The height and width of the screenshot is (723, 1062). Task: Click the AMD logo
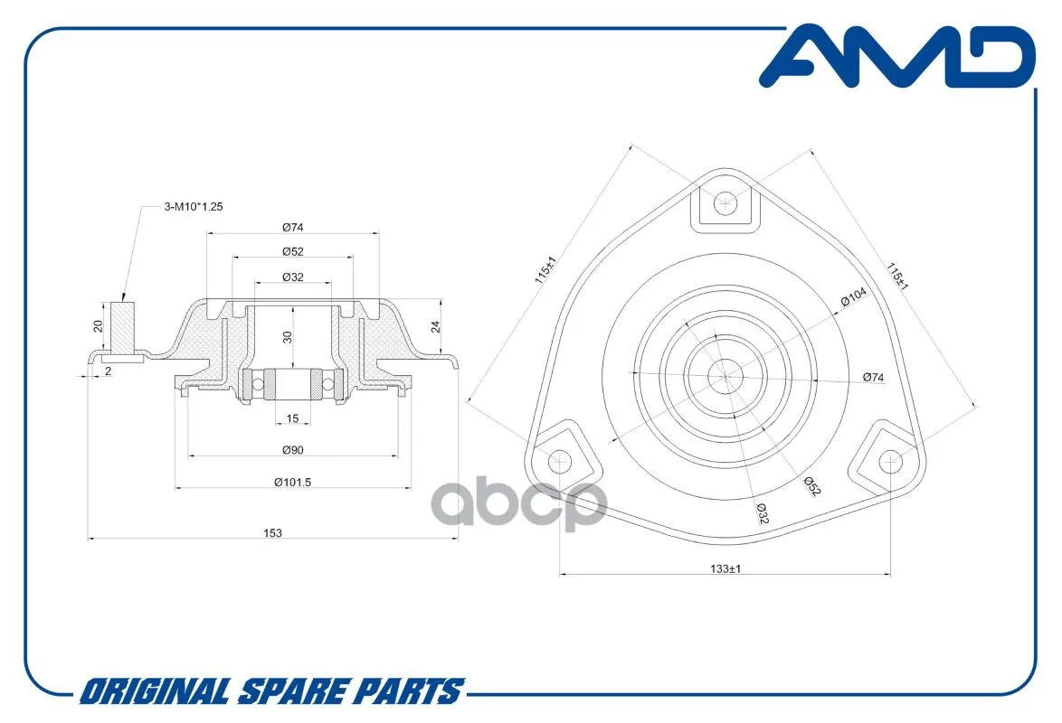tap(896, 56)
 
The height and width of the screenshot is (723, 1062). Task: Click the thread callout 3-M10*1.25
tap(194, 207)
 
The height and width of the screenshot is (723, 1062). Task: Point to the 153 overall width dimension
tap(273, 533)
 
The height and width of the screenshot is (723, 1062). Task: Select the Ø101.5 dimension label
tap(293, 482)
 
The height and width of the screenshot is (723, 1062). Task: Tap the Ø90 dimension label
tap(291, 450)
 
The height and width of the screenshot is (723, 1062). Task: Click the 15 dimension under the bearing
tap(292, 418)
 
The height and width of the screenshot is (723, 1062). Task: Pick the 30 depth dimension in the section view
tap(287, 336)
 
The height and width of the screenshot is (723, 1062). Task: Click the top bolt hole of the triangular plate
tap(725, 204)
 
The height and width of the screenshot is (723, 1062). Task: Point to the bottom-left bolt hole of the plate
tap(561, 461)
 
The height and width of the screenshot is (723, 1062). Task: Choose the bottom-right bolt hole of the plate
tap(890, 460)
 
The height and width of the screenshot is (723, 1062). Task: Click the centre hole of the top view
tap(725, 375)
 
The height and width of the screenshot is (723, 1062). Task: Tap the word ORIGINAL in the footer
tap(154, 692)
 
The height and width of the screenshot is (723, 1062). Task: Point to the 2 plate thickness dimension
tap(108, 371)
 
